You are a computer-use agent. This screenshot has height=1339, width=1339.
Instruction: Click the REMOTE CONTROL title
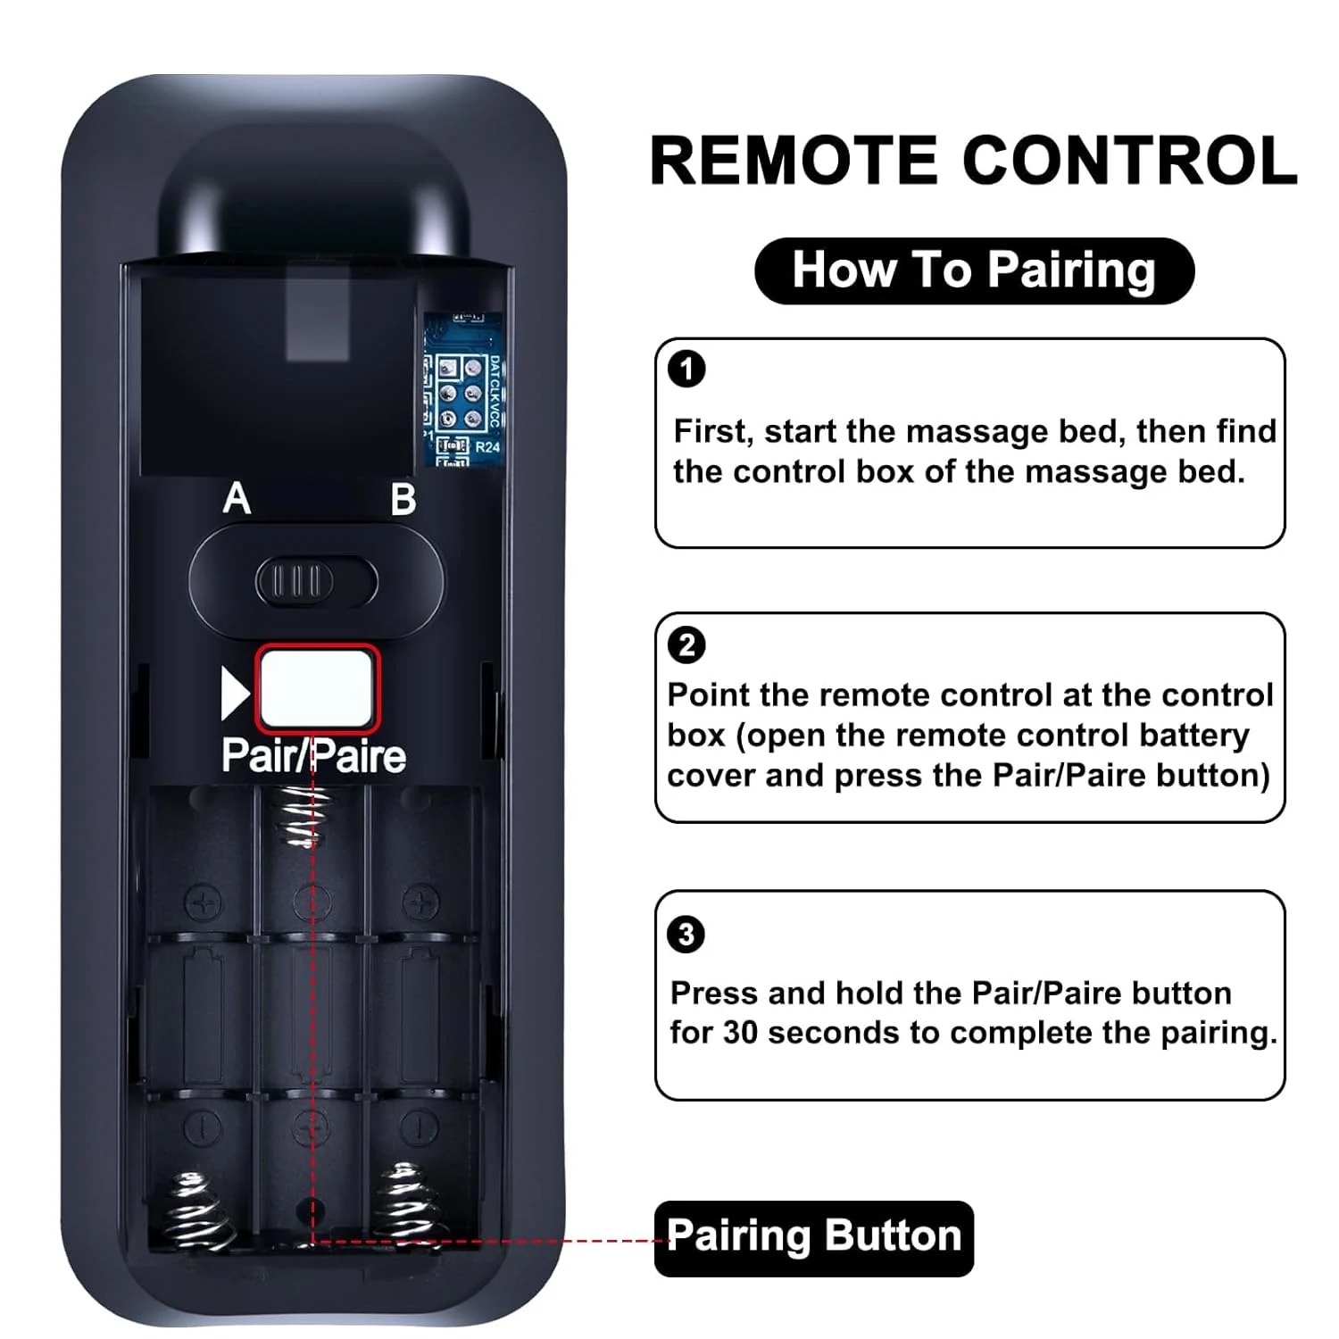973,161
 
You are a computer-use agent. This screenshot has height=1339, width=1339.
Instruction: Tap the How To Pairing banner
974,270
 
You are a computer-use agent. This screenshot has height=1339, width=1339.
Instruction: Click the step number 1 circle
686,369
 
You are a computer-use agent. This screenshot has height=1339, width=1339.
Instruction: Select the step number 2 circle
686,645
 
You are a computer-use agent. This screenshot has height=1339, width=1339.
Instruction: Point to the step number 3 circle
686,935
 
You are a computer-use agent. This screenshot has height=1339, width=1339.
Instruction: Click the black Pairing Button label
813,1237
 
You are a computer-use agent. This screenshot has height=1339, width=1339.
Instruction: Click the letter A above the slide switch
237,498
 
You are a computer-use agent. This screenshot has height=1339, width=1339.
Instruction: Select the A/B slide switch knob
295,582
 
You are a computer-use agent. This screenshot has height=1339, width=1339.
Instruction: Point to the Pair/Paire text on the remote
313,756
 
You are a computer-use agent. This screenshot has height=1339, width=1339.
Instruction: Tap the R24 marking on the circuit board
487,446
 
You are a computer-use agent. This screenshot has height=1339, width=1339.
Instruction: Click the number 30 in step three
740,1033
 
